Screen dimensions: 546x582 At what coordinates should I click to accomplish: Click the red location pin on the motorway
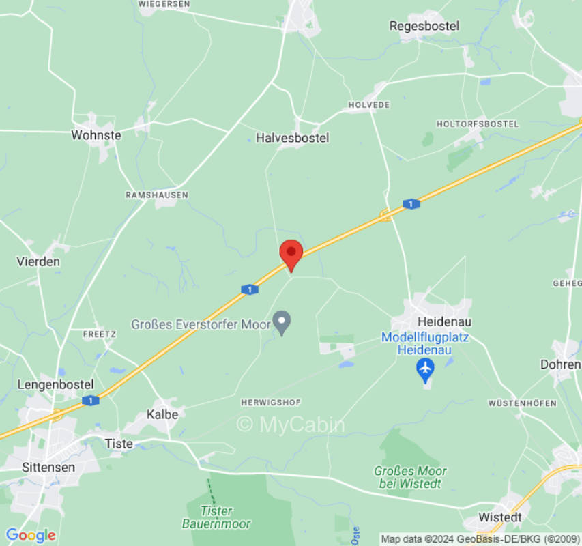tap(291, 253)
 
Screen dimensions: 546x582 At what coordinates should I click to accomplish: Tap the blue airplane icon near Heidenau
tap(425, 369)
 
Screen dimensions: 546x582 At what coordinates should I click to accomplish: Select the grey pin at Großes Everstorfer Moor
tap(282, 321)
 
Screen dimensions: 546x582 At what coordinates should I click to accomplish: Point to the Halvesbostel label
tap(292, 138)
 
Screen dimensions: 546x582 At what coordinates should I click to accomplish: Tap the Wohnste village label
tap(96, 135)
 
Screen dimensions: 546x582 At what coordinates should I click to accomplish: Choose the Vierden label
tap(38, 261)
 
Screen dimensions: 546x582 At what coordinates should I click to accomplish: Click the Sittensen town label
tap(48, 468)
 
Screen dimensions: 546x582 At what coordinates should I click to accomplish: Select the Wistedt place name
tap(500, 517)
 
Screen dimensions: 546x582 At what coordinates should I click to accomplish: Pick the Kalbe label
tap(162, 414)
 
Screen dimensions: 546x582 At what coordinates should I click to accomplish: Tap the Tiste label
tap(119, 444)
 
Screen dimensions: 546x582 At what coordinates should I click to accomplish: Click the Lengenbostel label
tap(55, 384)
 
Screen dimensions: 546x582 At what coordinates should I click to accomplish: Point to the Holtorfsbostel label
tap(478, 124)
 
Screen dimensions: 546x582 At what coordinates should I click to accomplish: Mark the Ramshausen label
tap(157, 195)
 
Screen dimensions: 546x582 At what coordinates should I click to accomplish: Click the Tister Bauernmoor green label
tap(216, 517)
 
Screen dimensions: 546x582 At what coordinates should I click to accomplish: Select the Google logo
tap(31, 535)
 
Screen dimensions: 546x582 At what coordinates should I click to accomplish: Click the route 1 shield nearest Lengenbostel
tap(90, 401)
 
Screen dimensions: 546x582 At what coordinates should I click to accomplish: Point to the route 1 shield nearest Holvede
tap(411, 204)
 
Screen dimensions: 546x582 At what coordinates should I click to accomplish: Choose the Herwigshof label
tap(271, 403)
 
